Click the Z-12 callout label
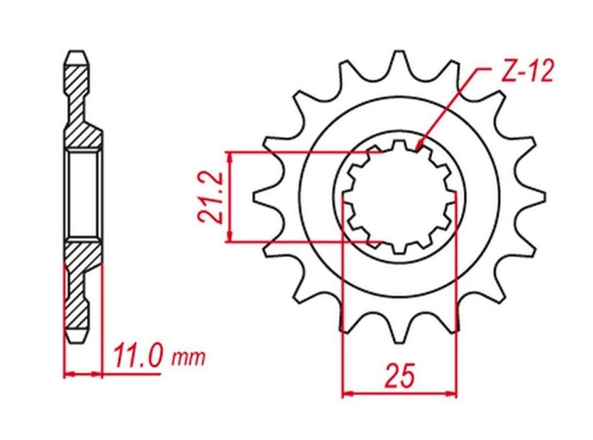click(527, 71)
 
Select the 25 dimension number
click(400, 376)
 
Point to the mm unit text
click(188, 357)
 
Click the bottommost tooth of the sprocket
click(399, 329)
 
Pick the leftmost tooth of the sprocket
click(266, 196)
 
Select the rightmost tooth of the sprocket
click(532, 196)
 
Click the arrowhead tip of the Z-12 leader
click(416, 149)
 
